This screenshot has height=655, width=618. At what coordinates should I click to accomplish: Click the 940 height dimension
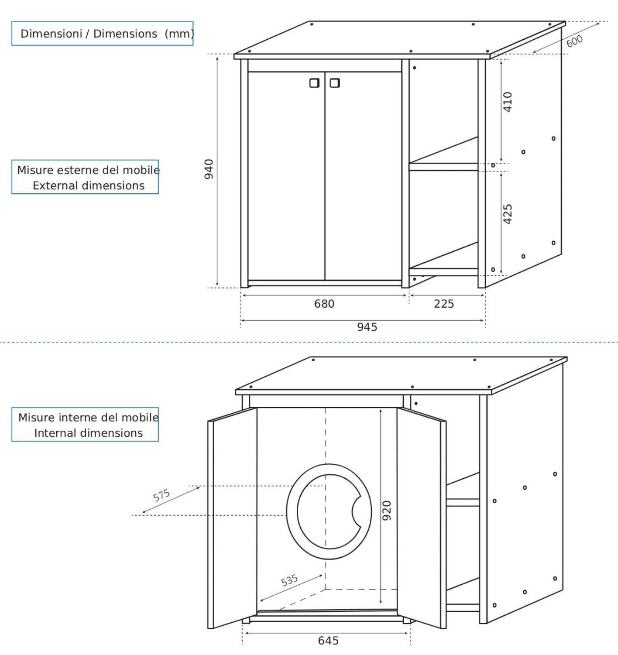click(209, 169)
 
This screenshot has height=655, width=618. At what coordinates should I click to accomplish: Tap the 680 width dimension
click(324, 304)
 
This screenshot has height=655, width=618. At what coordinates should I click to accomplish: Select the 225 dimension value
click(443, 304)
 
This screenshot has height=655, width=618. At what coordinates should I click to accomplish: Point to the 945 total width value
click(367, 327)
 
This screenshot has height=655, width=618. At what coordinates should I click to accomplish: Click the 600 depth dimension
click(574, 41)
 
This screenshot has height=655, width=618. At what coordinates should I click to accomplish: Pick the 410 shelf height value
click(508, 102)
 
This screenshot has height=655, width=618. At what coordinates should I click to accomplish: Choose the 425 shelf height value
click(508, 214)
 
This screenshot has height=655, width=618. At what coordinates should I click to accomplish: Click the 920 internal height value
click(387, 511)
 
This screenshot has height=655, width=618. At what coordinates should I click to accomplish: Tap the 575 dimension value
click(161, 495)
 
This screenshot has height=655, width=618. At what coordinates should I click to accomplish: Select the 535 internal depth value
click(289, 580)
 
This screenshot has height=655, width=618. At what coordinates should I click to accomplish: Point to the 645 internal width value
click(328, 641)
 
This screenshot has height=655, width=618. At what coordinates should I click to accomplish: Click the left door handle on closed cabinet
click(315, 83)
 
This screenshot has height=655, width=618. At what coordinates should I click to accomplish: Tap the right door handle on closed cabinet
click(335, 83)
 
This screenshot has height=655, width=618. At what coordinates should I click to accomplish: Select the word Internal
click(53, 433)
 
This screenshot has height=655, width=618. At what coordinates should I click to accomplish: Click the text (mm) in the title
click(179, 34)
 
